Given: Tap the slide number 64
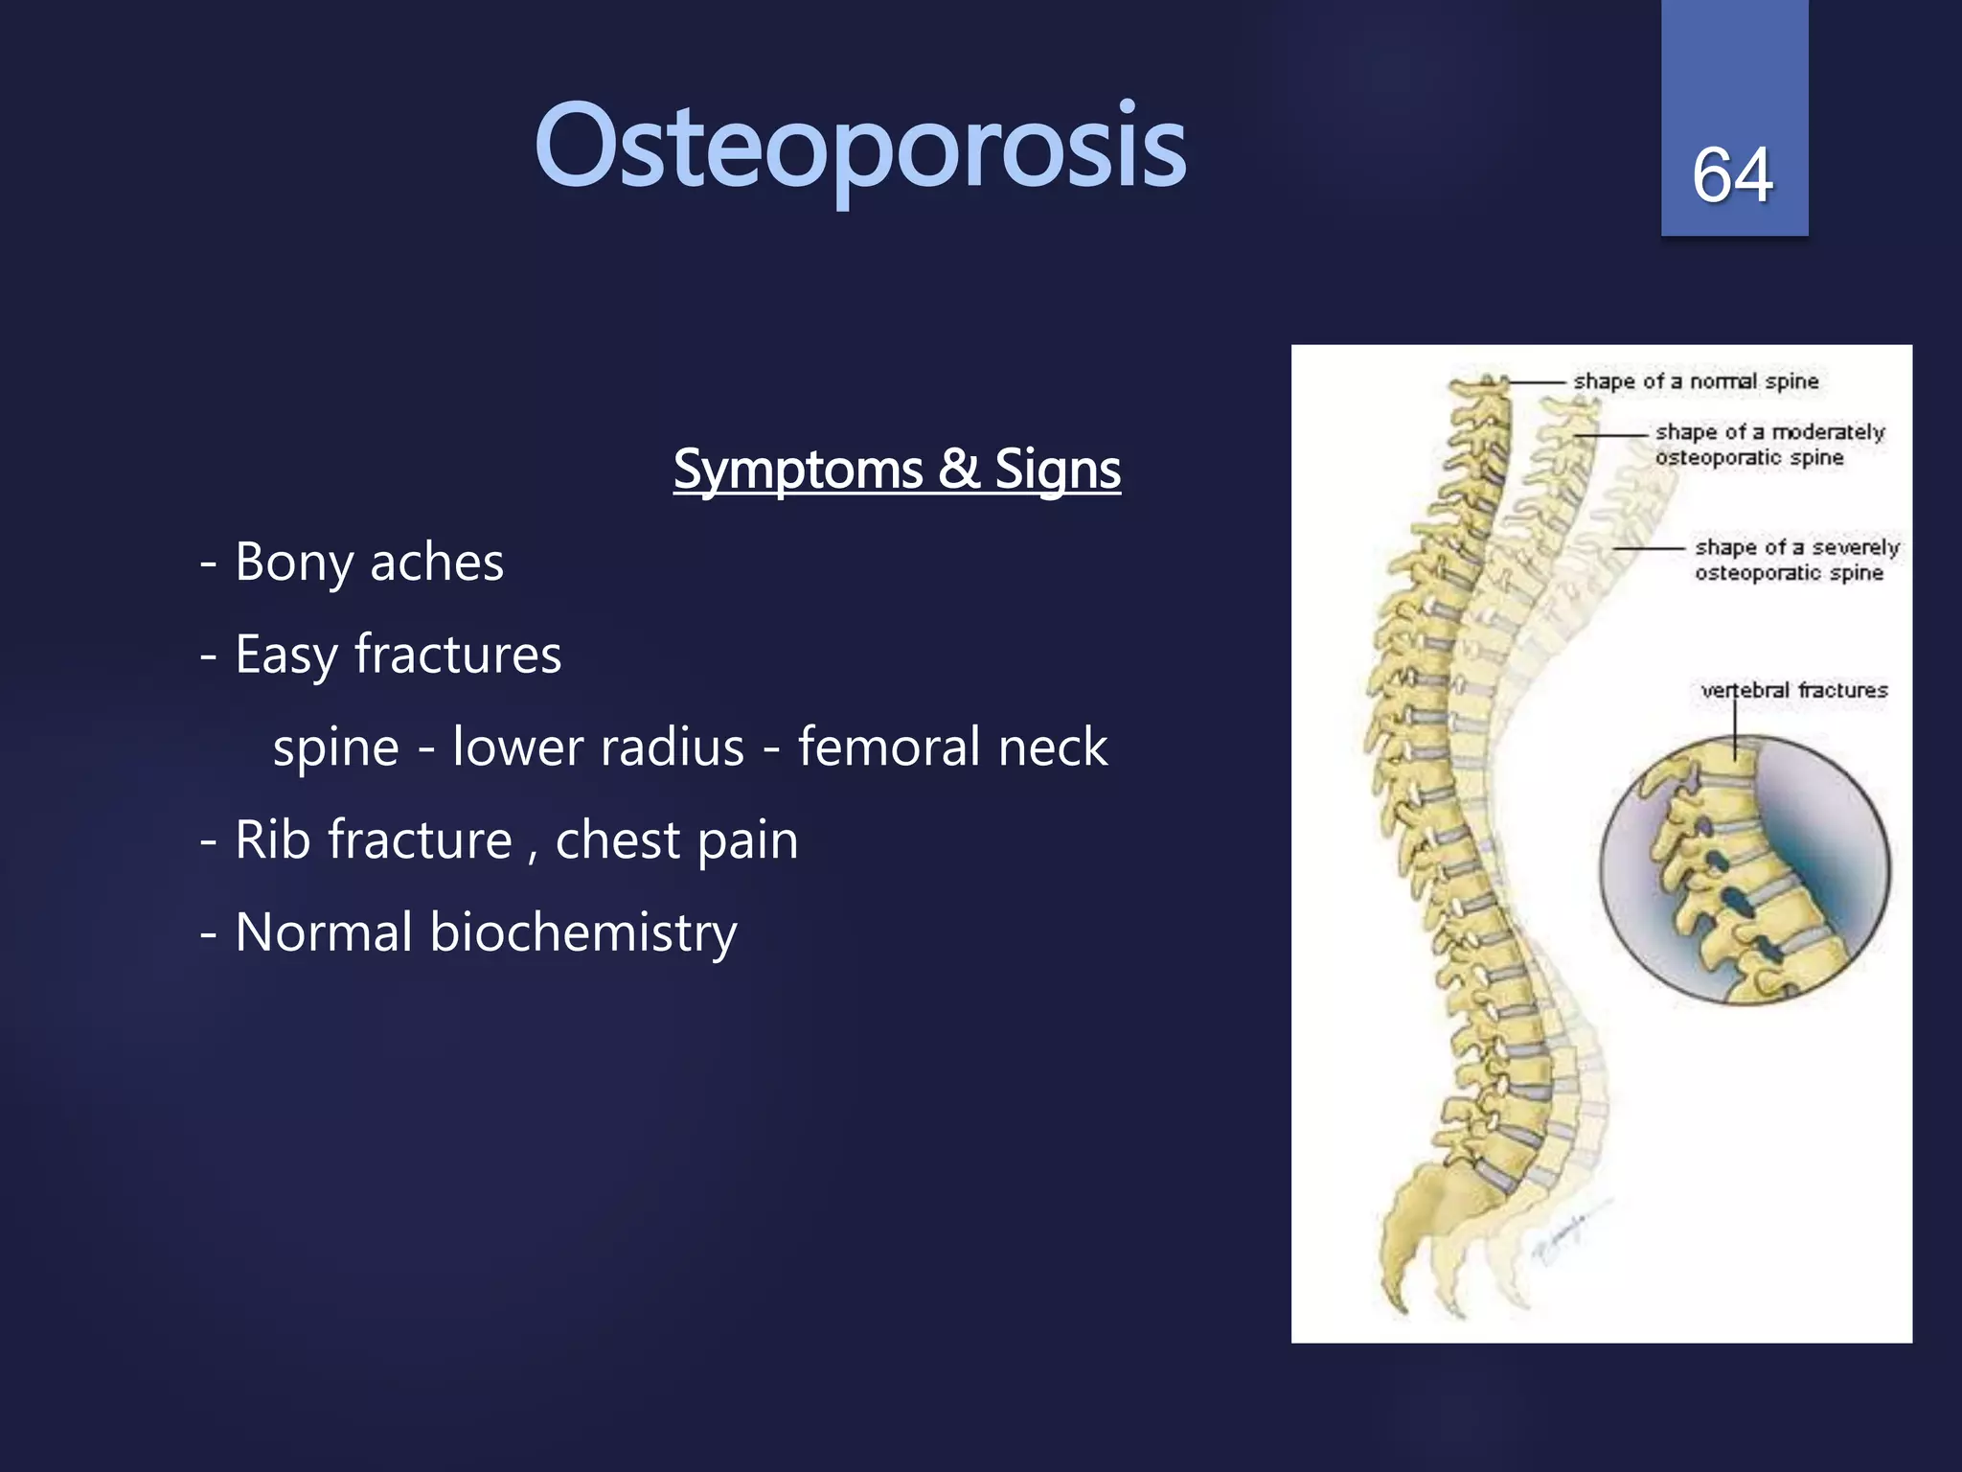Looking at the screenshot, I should tap(1732, 175).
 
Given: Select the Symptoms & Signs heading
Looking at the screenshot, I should tap(897, 470).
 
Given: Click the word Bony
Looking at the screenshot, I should tap(293, 563).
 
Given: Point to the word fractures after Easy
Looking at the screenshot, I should tap(458, 655).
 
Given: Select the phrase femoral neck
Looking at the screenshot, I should tap(952, 747).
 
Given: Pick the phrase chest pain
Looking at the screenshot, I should tap(676, 840).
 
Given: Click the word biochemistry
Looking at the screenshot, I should tap(582, 932).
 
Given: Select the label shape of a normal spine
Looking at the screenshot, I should tap(1696, 381).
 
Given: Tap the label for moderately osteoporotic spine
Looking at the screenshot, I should tap(1768, 445).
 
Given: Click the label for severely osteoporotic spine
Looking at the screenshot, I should tap(1795, 560).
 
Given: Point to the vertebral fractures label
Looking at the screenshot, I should tap(1793, 690).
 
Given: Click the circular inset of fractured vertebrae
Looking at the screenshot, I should tap(1745, 870).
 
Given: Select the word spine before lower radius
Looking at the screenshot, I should tap(335, 747).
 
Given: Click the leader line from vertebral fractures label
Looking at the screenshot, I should tap(1735, 733).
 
